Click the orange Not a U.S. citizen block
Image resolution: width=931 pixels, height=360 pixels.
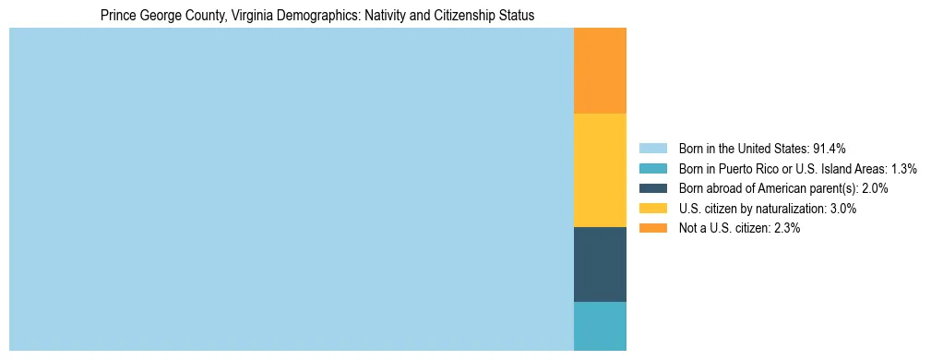pyautogui.click(x=600, y=70)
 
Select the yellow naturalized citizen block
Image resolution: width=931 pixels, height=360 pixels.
pyautogui.click(x=600, y=170)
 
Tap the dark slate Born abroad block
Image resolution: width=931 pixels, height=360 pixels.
pyautogui.click(x=600, y=264)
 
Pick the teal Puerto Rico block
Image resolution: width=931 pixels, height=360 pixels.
pyautogui.click(x=600, y=326)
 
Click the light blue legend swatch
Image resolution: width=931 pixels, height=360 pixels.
pyautogui.click(x=652, y=149)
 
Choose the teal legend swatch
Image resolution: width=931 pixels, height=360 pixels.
pyautogui.click(x=652, y=169)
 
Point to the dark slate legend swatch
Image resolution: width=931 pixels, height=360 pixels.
pyautogui.click(x=652, y=188)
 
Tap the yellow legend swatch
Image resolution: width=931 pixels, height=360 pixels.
pyautogui.click(x=652, y=209)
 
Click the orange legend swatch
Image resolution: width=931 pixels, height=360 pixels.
pyautogui.click(x=652, y=229)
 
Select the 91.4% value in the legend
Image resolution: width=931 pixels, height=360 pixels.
pyautogui.click(x=830, y=149)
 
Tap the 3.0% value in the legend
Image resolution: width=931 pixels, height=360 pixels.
pyautogui.click(x=841, y=209)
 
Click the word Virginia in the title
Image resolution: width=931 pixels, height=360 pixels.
pyautogui.click(x=235, y=16)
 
